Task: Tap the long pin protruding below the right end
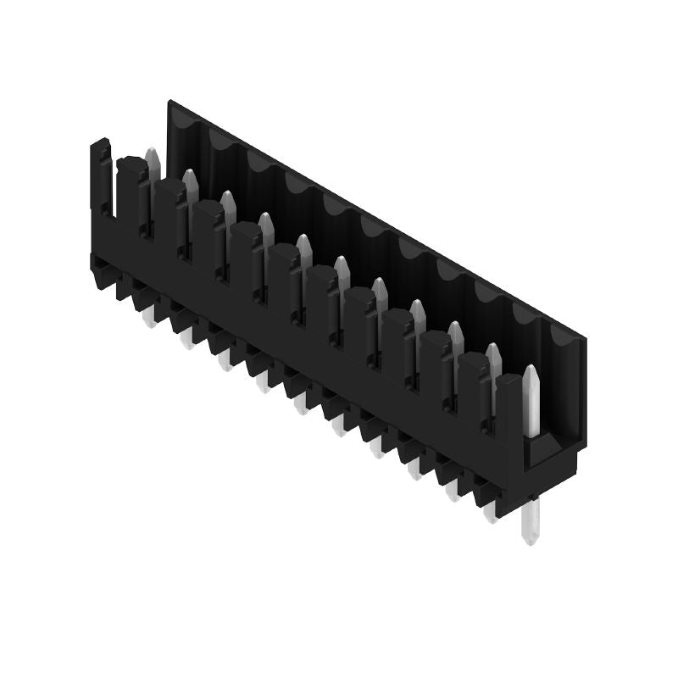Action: pyautogui.click(x=530, y=522)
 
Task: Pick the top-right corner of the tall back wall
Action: pyautogui.click(x=585, y=336)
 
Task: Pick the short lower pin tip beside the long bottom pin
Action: pyautogui.click(x=490, y=512)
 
